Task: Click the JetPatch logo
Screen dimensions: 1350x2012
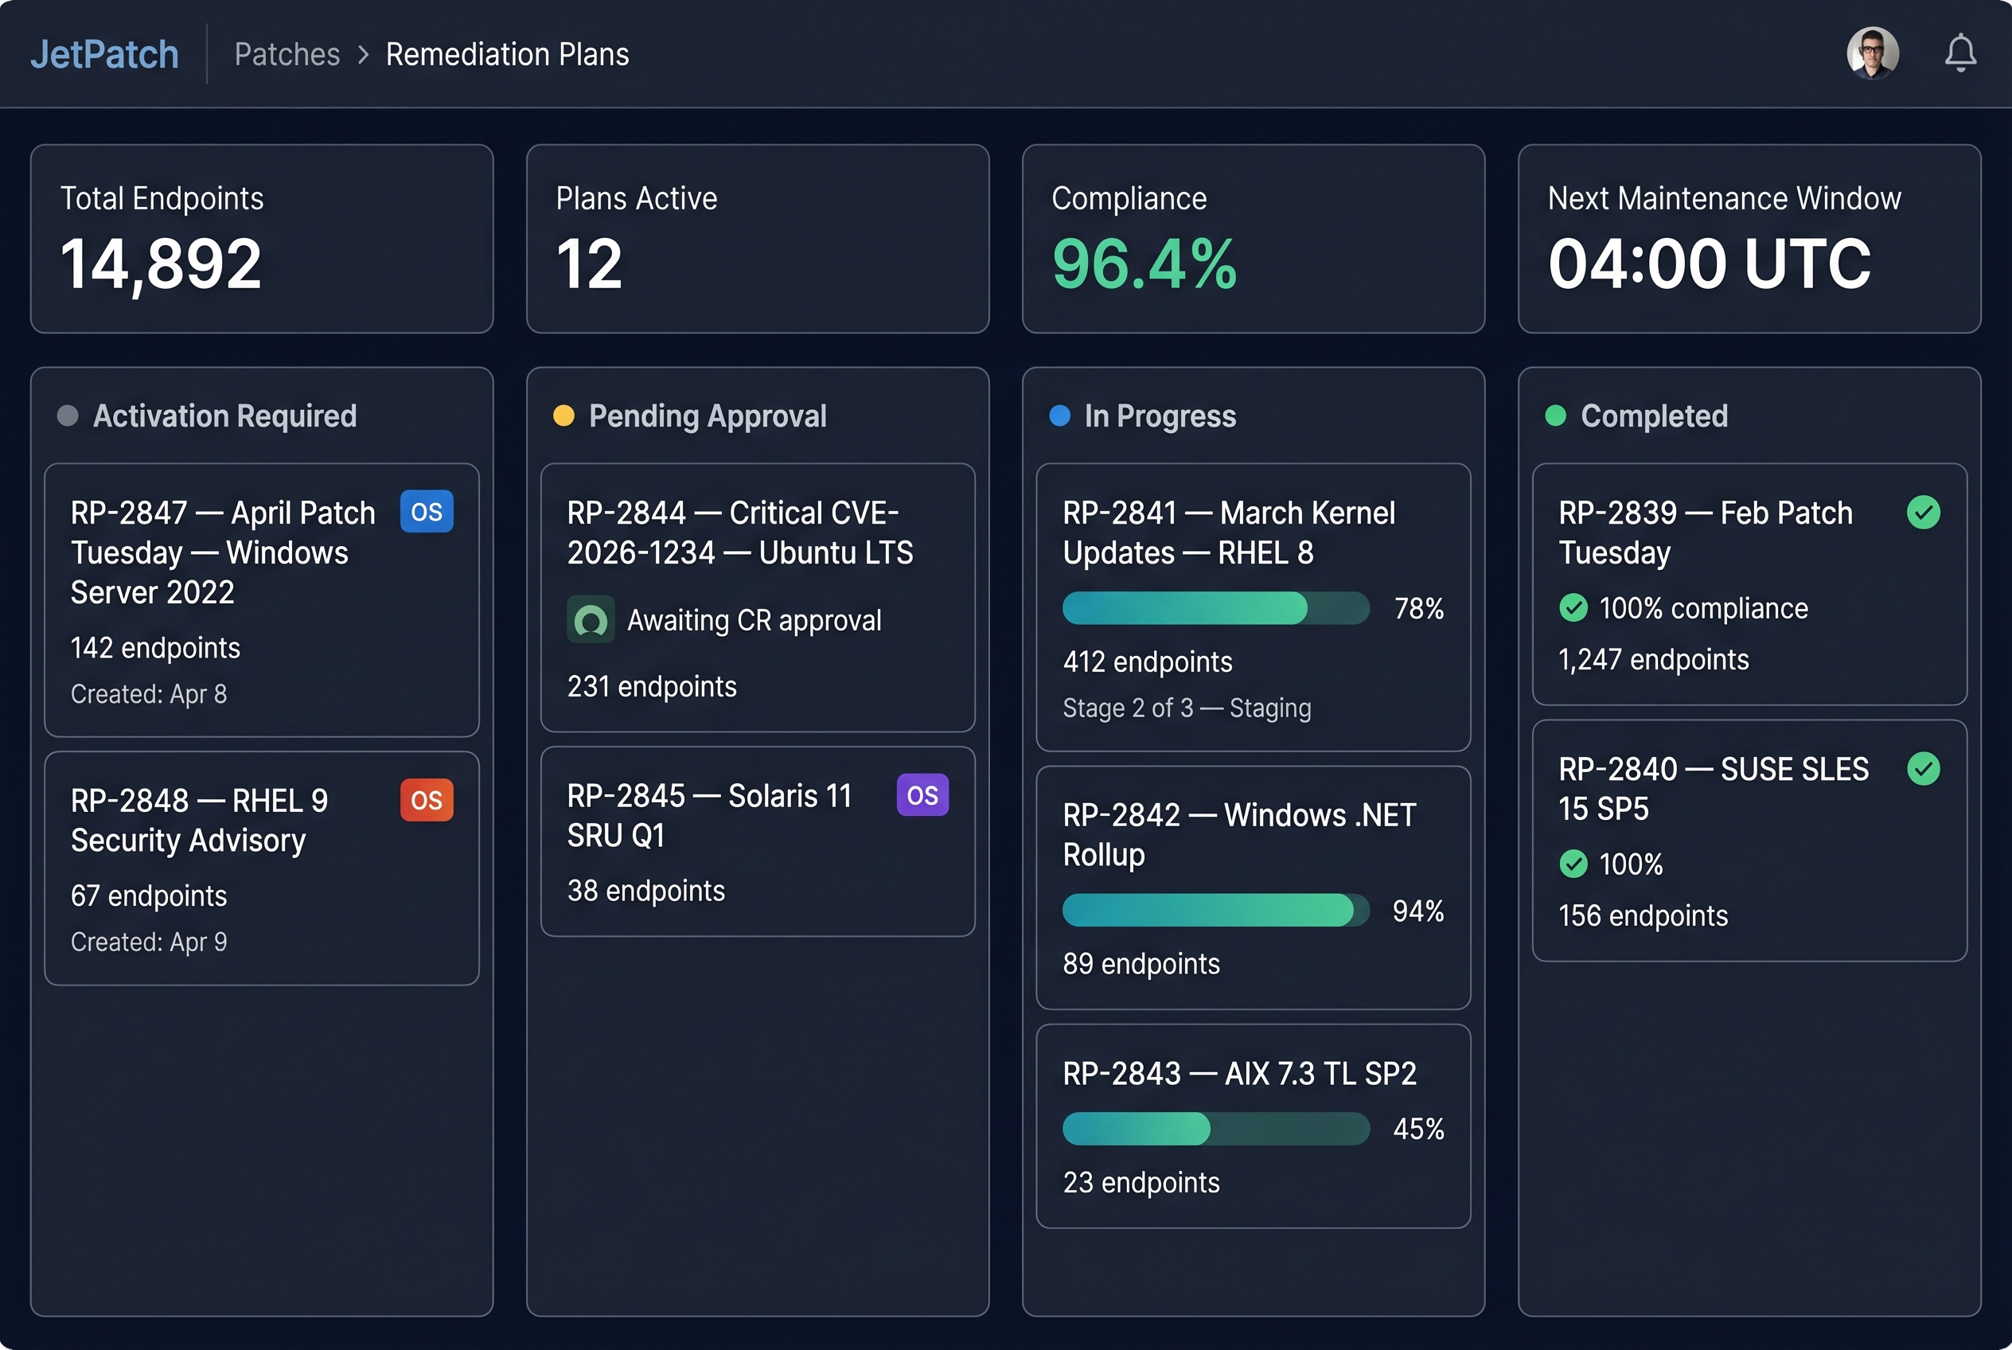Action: point(104,54)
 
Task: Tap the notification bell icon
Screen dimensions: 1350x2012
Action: point(1959,53)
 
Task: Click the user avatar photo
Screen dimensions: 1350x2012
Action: point(1872,53)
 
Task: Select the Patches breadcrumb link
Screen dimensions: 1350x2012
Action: point(287,54)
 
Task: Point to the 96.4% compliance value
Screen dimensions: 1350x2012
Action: point(1144,263)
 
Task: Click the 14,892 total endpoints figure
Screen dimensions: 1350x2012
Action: point(161,263)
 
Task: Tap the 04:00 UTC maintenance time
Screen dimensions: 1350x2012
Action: point(1708,263)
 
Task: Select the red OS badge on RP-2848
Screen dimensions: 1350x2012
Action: point(426,800)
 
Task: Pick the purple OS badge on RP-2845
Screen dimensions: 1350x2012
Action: point(922,794)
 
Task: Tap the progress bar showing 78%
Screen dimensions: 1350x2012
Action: point(1215,608)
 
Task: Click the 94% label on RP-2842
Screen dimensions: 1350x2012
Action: point(1417,911)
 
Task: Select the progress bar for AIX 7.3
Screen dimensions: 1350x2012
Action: point(1215,1128)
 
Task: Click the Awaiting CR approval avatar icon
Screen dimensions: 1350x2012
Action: point(591,619)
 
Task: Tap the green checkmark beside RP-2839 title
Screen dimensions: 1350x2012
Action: point(1923,513)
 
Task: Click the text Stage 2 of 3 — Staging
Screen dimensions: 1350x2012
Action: point(1187,708)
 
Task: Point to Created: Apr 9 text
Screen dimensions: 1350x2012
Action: point(149,942)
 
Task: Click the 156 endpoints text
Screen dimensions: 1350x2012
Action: point(1642,915)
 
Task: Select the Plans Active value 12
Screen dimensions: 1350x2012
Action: point(589,263)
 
